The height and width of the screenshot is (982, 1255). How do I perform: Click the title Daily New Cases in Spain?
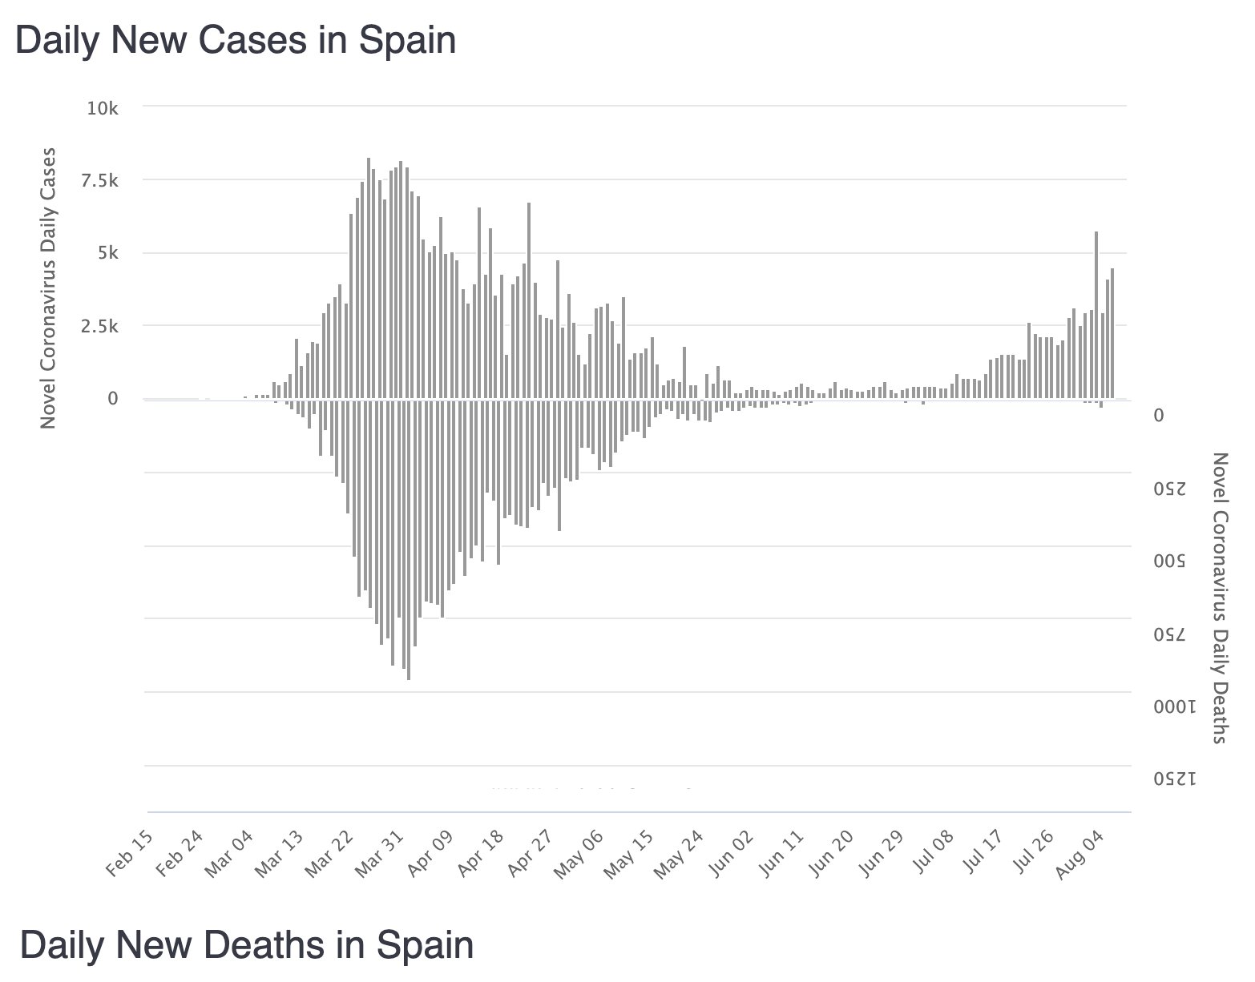pos(236,40)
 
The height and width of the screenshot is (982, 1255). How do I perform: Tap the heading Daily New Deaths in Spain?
pos(246,945)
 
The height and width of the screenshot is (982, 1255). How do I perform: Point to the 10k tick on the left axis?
pos(103,108)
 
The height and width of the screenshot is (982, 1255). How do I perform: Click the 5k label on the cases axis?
pos(107,254)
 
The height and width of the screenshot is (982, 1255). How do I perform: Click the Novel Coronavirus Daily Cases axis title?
pos(48,287)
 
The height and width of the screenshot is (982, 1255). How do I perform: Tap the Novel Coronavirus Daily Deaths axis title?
pos(1220,598)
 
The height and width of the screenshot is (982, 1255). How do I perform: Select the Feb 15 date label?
pos(131,855)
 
